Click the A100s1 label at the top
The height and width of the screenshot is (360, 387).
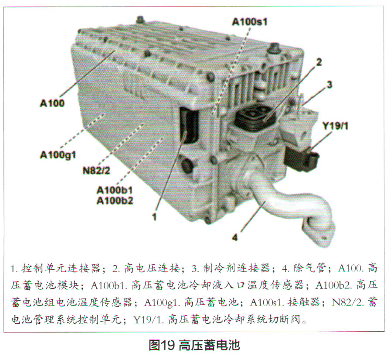[250, 22]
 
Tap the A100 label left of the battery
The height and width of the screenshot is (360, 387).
[52, 103]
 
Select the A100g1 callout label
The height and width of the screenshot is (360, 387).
[58, 155]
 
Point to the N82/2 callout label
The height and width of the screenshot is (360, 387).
[96, 171]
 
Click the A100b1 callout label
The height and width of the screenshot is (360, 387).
[115, 190]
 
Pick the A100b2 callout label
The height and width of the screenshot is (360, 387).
[115, 200]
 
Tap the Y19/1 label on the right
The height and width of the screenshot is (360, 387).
[336, 126]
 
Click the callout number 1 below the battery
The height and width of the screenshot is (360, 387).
[154, 217]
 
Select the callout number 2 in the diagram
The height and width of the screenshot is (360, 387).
[319, 62]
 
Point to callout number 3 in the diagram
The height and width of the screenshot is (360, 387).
[329, 85]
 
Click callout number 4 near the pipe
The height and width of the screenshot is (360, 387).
[235, 237]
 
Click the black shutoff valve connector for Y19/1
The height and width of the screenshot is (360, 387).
[301, 159]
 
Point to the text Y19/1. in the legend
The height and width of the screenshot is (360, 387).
[149, 320]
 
